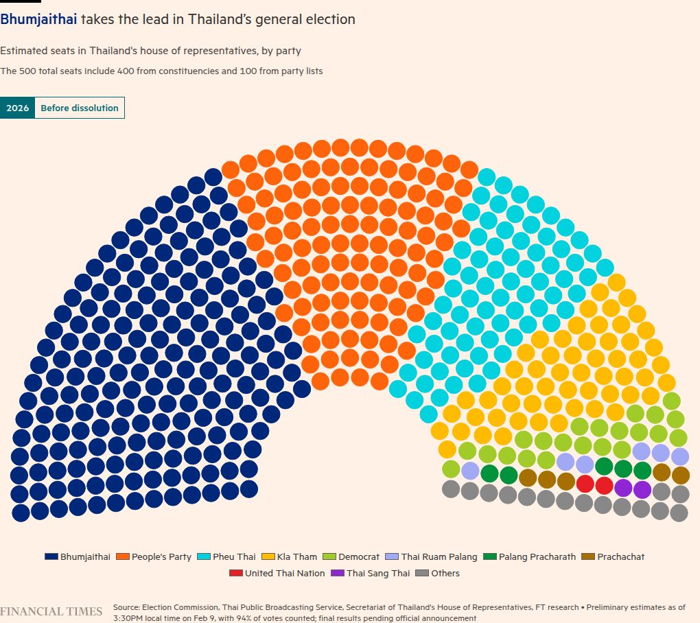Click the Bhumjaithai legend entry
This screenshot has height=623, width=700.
[x=78, y=556]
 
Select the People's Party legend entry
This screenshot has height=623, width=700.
[x=154, y=556]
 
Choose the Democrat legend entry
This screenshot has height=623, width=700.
[x=352, y=556]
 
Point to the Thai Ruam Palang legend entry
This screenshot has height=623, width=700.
[x=432, y=556]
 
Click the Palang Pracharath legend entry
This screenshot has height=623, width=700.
[x=530, y=556]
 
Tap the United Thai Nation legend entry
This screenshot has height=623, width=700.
[x=278, y=573]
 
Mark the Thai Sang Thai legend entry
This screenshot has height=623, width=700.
[x=371, y=573]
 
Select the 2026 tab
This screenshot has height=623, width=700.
[x=17, y=108]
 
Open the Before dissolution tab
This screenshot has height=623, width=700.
[x=80, y=108]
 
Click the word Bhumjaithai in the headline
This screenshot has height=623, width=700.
[x=38, y=19]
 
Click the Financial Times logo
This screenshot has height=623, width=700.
[x=51, y=611]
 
